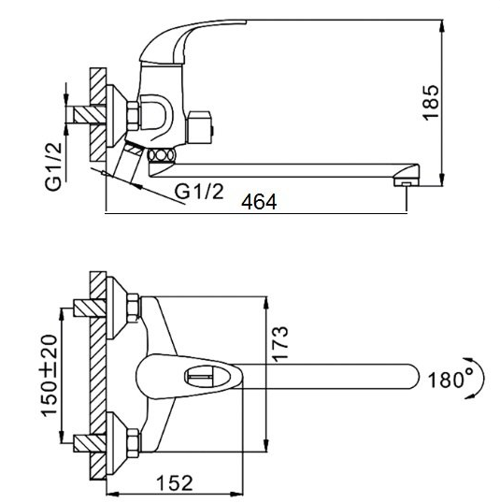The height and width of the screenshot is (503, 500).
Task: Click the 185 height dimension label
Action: click(x=431, y=103)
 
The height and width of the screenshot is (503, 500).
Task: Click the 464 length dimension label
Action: click(x=259, y=202)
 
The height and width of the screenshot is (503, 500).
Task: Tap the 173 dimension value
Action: click(x=280, y=344)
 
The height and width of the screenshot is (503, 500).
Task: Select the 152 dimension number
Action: click(x=175, y=482)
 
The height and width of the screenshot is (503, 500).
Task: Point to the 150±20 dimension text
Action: click(x=50, y=376)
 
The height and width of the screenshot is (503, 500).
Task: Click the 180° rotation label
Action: click(x=450, y=380)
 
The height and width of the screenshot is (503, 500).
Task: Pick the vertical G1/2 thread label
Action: click(x=53, y=166)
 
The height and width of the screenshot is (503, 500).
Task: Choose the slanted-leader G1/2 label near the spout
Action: click(x=199, y=192)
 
